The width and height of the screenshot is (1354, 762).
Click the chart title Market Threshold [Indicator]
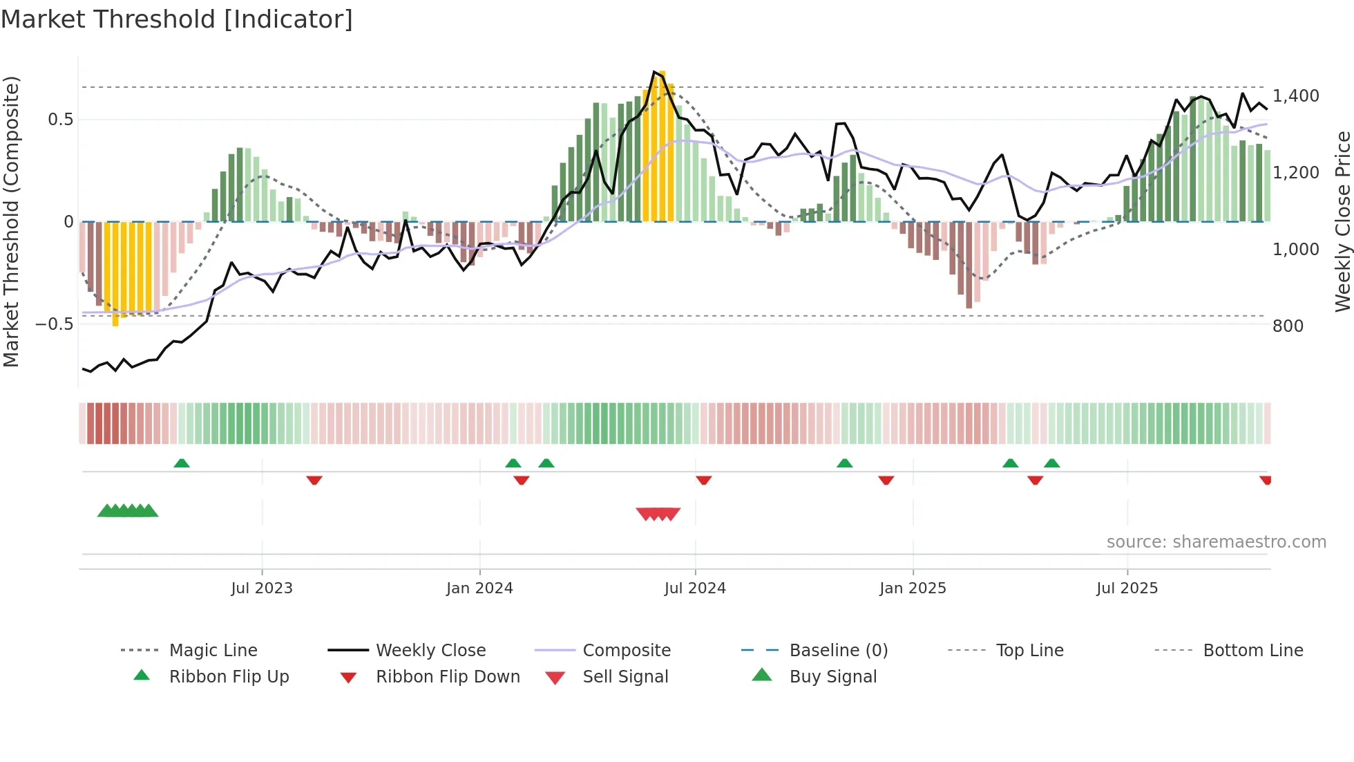tap(177, 19)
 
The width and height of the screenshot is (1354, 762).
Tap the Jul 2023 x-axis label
tap(262, 588)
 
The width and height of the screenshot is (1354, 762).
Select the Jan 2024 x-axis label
tap(479, 588)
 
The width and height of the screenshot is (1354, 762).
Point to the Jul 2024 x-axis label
tap(695, 588)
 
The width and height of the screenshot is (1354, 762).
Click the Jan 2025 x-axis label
tap(913, 588)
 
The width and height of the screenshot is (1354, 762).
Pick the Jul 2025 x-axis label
tap(1127, 588)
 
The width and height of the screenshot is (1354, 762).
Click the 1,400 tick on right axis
tap(1296, 96)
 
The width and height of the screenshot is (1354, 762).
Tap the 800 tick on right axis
tap(1288, 326)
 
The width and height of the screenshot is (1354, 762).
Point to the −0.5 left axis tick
tap(55, 324)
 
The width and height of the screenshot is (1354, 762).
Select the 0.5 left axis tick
tap(60, 120)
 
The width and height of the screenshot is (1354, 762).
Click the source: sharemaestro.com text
tap(1216, 542)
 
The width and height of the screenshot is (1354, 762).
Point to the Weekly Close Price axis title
tap(1342, 221)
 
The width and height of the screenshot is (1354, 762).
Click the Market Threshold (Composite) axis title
tap(11, 221)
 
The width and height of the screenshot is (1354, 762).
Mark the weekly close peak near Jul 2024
tap(654, 71)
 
